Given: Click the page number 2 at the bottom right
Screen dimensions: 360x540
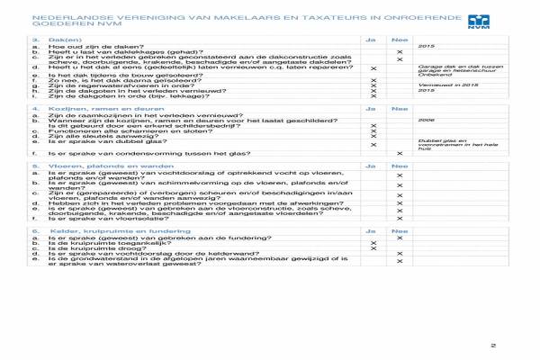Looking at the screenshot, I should click(492, 345).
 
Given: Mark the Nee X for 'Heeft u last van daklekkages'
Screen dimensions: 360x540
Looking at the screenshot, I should click(400, 53).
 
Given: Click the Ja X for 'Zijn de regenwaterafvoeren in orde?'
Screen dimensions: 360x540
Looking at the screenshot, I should click(373, 85).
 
